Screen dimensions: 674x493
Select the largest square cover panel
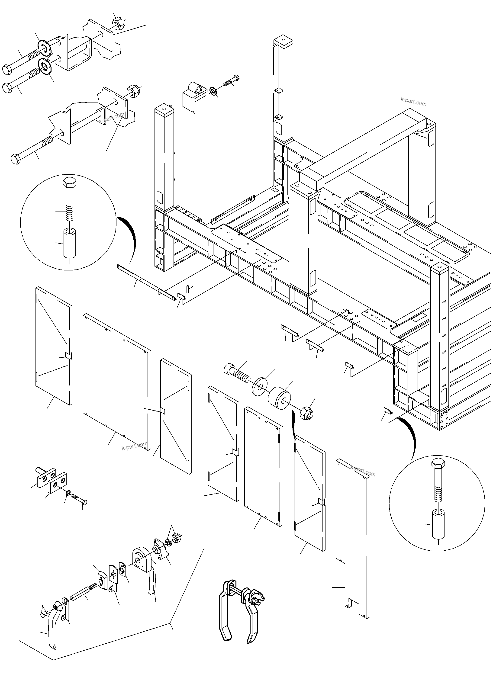click(x=116, y=382)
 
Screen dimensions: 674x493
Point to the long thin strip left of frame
click(x=146, y=282)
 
